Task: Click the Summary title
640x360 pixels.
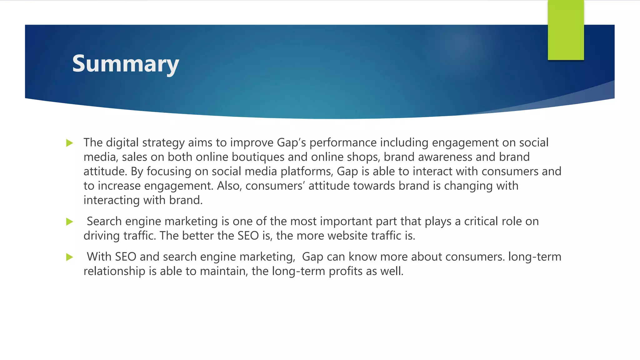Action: (125, 64)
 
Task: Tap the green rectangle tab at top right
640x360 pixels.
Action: (566, 30)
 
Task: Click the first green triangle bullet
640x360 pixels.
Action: (70, 143)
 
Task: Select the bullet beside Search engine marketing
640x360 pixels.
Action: (70, 222)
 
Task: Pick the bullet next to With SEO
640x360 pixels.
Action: (70, 257)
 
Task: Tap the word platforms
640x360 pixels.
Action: (307, 172)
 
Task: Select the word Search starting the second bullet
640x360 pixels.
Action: (104, 222)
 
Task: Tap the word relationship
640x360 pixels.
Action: (114, 271)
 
